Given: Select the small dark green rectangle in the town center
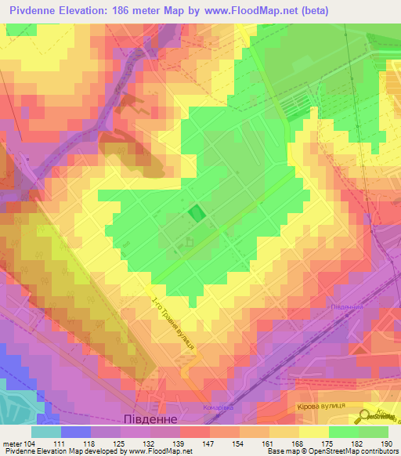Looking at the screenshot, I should [196, 212].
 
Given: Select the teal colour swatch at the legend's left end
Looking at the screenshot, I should [46, 432].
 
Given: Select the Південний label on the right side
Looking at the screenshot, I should [345, 308].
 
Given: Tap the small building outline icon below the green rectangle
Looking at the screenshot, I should [187, 244].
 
